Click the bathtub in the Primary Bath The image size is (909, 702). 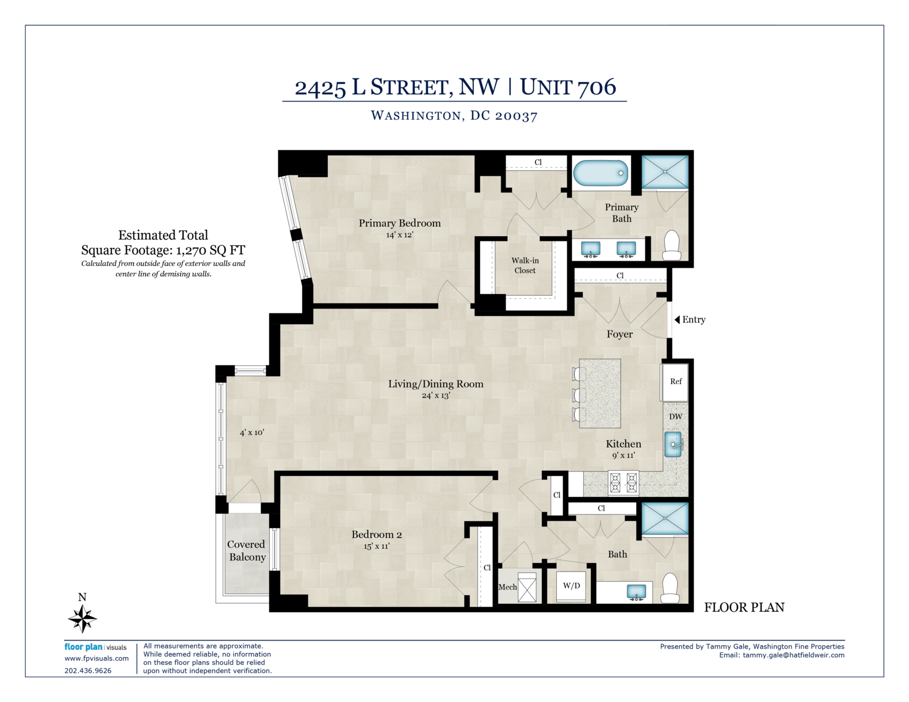pos(601,173)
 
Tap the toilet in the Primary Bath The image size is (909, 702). pos(672,245)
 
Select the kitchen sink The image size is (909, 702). pos(674,445)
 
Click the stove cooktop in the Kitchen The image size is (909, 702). pos(623,483)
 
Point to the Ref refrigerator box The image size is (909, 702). pos(674,382)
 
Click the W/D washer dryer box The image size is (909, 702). pos(571,586)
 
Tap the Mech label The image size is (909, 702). pos(507,587)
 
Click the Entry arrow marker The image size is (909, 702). pos(677,319)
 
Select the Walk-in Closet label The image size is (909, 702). pos(525,265)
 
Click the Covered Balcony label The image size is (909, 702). pos(247,551)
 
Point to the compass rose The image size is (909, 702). pos(82,619)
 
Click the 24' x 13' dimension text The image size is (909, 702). pos(435,395)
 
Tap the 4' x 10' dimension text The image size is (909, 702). pos(252,432)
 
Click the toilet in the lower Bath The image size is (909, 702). pos(670,587)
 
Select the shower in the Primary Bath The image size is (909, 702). pos(665,172)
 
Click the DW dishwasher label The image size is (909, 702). pos(675,416)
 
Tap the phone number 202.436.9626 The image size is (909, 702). pos(88,671)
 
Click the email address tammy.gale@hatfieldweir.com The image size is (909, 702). pos(794,655)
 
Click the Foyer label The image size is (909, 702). pos(619,334)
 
